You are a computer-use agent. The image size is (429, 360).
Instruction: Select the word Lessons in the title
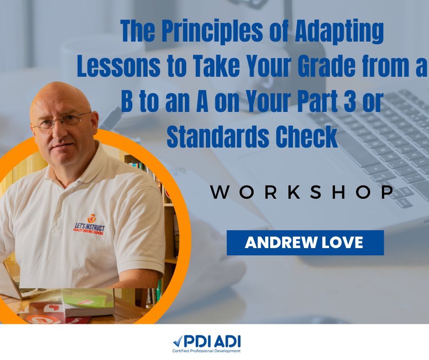click(x=119, y=66)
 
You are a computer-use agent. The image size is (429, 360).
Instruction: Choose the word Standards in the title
click(x=218, y=137)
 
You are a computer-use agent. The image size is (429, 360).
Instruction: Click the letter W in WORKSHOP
click(x=220, y=192)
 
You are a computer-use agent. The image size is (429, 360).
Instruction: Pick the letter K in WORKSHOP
click(x=294, y=192)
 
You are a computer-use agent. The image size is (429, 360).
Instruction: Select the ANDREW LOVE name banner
click(x=305, y=243)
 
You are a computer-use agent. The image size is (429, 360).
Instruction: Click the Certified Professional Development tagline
click(x=207, y=351)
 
